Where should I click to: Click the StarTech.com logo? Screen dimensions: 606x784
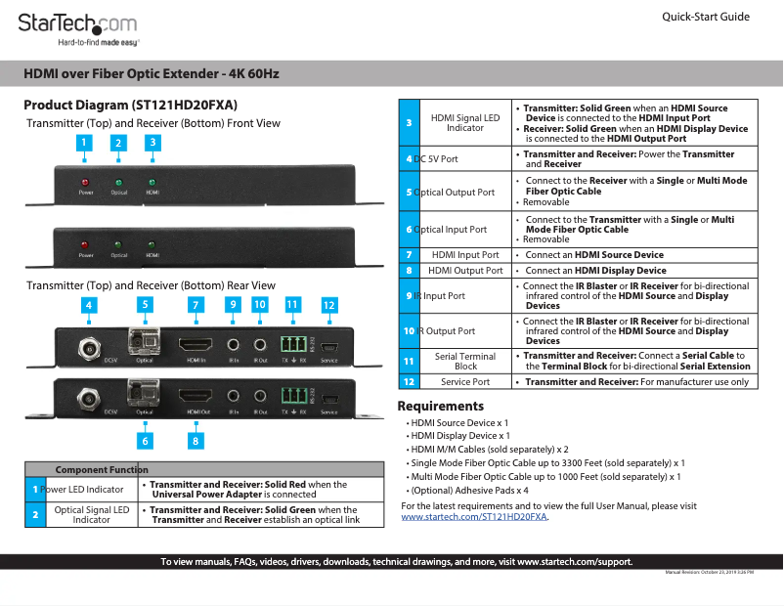click(77, 24)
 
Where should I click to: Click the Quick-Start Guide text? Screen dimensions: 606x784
click(705, 17)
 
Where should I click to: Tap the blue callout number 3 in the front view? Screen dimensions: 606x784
click(152, 143)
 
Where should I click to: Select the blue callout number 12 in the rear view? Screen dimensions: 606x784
click(329, 305)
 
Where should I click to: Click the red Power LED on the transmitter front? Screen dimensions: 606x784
click(86, 183)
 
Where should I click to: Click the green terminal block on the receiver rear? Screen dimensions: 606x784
click(292, 396)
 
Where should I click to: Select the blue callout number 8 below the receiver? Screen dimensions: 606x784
click(196, 441)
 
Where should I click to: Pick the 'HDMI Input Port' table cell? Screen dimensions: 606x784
click(465, 255)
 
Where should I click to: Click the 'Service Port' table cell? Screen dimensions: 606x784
click(465, 381)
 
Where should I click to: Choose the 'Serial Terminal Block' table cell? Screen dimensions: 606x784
click(465, 362)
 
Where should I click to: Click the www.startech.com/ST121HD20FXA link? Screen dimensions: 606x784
click(474, 517)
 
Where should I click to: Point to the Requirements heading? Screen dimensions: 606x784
click(440, 406)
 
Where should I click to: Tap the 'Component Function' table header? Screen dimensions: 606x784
click(102, 470)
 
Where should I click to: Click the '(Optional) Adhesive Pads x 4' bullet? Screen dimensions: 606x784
click(469, 491)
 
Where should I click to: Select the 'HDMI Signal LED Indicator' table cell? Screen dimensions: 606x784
click(465, 123)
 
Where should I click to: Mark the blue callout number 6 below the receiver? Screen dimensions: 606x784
click(145, 441)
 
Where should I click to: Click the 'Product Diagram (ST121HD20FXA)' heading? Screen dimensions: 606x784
click(130, 105)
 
